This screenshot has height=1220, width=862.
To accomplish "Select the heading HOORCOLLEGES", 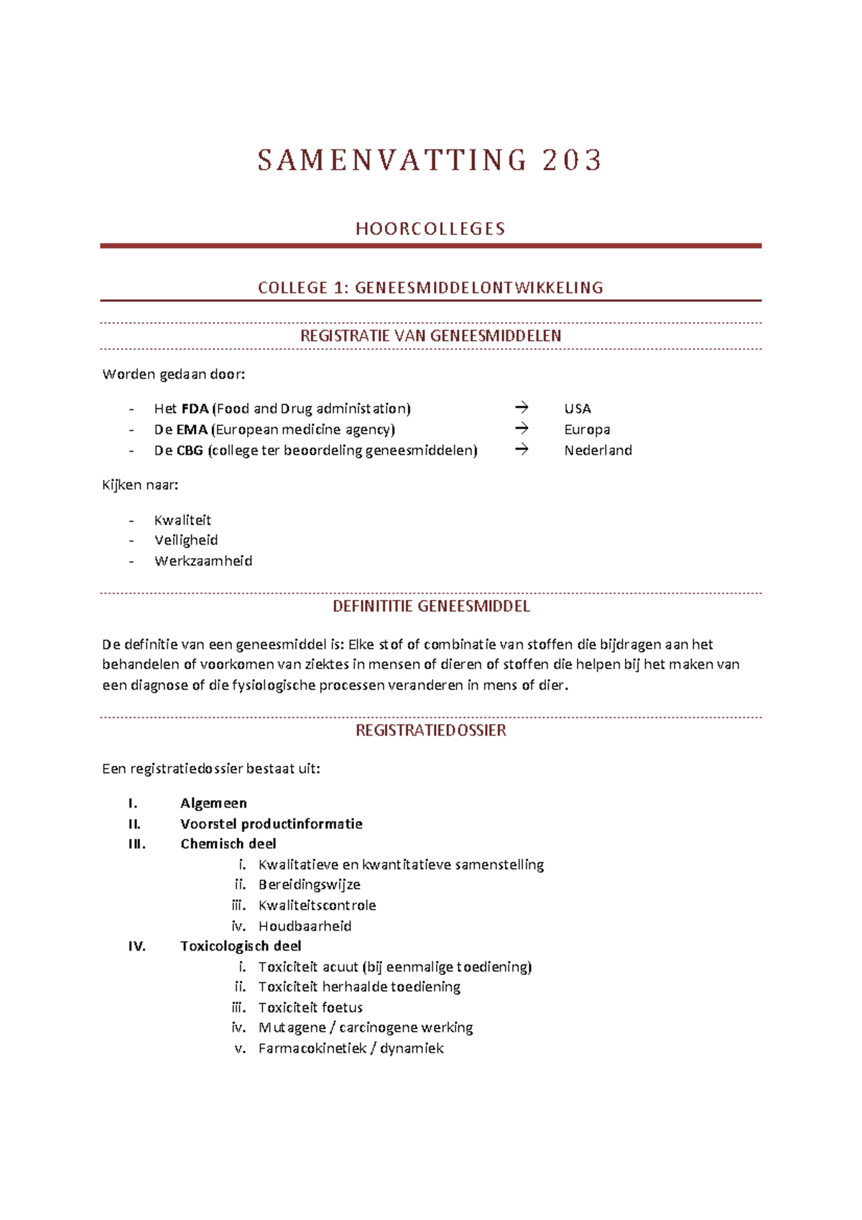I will click(x=430, y=228).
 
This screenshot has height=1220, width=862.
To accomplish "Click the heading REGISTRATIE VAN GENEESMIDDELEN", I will click(x=430, y=336).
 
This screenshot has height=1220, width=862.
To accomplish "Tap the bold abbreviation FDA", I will click(x=195, y=408).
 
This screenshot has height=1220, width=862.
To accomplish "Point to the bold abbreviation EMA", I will click(x=192, y=429).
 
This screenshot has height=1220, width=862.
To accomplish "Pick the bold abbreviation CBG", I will click(x=190, y=450).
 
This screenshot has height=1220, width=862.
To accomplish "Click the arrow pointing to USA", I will click(x=522, y=407).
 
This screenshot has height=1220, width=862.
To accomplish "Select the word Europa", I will click(x=587, y=429).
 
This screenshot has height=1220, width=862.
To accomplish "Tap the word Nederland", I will click(x=598, y=450).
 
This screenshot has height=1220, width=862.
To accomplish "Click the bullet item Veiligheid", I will click(x=186, y=540).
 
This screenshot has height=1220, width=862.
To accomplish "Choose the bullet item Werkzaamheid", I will click(x=203, y=560).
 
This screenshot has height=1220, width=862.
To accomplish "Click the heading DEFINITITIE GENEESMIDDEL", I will click(x=430, y=606).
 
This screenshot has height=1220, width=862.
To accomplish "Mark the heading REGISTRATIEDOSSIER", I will click(x=430, y=730).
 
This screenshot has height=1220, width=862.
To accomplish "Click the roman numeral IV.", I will click(x=136, y=946).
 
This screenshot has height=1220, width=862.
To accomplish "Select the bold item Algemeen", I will click(x=213, y=803).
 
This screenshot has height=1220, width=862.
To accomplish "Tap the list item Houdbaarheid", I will click(x=305, y=925).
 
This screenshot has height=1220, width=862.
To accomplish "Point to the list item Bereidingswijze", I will click(x=309, y=884).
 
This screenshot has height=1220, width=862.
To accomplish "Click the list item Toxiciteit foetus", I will click(x=310, y=1007).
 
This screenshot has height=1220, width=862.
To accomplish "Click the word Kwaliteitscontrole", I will click(x=317, y=905).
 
